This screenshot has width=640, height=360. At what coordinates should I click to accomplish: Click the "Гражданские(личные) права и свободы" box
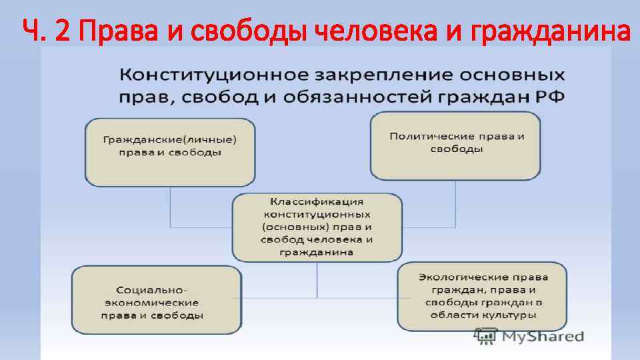click(170, 152)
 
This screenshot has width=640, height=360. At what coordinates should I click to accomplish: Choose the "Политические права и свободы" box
click(456, 145)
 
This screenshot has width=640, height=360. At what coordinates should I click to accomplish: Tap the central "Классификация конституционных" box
click(317, 227)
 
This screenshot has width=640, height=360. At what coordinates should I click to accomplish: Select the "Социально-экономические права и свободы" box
click(157, 300)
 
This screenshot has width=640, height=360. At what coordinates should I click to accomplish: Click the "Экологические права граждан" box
click(483, 296)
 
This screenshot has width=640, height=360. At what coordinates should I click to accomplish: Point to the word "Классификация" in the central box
click(317, 201)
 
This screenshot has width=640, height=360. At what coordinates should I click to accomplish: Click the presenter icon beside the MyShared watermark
click(485, 337)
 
